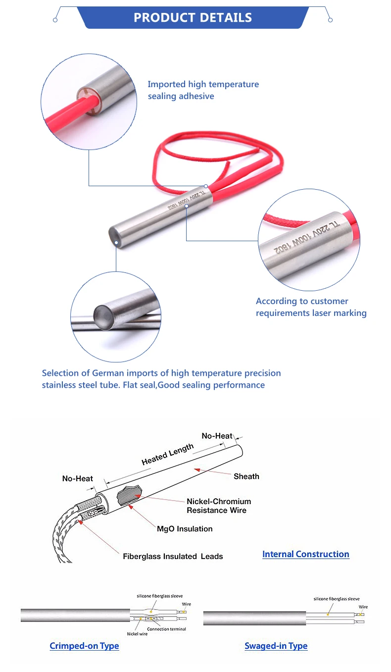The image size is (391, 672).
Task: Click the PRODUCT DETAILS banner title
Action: pos(193,18)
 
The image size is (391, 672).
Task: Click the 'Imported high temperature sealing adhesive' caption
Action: pos(203,90)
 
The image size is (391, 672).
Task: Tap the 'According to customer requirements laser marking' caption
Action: pos(311,307)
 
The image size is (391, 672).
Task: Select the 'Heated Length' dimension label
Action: pos(167,454)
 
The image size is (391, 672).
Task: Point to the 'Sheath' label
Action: pos(246,476)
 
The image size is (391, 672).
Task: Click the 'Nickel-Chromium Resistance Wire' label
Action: pos(218,506)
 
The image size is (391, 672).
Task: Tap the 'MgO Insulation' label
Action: pos(184,529)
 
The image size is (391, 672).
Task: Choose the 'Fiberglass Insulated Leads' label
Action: pos(173,557)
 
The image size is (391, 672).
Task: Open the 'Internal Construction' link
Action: pos(305,554)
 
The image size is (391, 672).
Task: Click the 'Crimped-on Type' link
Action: pos(84,646)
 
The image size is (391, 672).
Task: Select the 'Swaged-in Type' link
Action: pos(276,646)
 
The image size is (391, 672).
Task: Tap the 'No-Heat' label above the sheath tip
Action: pos(217,436)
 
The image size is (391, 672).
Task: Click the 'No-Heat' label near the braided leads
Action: pos(77,478)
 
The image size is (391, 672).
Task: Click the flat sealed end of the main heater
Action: pos(115,232)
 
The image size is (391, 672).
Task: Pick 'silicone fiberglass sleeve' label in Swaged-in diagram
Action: pos(337,599)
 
